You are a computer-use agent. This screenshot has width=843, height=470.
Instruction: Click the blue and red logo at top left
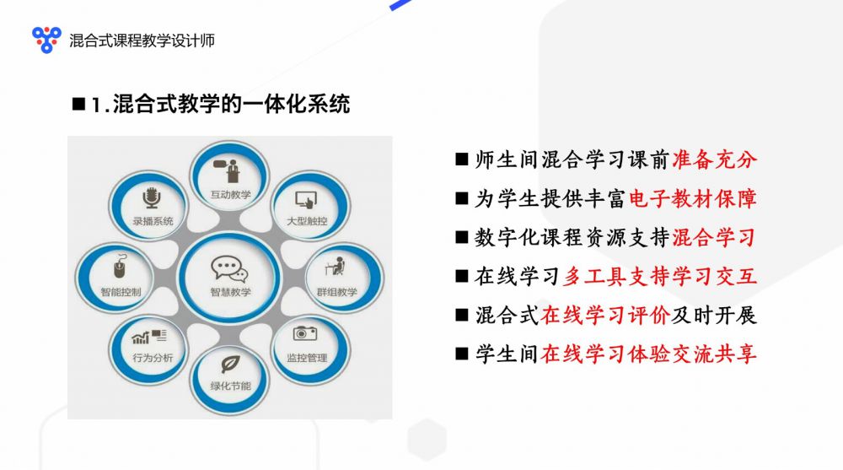46,40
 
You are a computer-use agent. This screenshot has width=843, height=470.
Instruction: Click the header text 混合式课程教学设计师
142,41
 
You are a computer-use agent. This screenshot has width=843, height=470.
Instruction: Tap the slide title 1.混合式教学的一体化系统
220,104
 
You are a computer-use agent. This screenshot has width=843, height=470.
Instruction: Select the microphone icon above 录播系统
152,198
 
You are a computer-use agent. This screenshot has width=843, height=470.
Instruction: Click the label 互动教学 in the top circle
231,194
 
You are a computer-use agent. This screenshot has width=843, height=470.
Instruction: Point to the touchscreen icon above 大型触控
307,200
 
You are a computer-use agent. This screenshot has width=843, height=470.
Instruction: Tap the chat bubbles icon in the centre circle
229,268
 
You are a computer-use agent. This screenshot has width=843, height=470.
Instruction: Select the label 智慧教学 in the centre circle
231,292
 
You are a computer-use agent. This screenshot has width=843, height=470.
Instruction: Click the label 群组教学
337,292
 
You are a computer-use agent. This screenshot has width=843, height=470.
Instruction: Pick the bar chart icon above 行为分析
149,337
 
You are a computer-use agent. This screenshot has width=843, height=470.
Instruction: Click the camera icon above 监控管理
305,333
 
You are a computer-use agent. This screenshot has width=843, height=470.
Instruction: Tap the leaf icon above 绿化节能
231,364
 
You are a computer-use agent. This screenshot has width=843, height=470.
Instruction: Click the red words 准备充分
715,159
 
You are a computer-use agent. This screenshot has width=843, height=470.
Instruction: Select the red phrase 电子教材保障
692,198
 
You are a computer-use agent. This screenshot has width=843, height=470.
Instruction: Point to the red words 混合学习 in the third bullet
715,237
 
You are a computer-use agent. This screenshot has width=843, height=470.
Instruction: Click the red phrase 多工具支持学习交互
660,276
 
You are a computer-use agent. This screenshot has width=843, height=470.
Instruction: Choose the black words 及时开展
715,315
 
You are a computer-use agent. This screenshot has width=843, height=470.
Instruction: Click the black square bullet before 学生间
461,354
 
